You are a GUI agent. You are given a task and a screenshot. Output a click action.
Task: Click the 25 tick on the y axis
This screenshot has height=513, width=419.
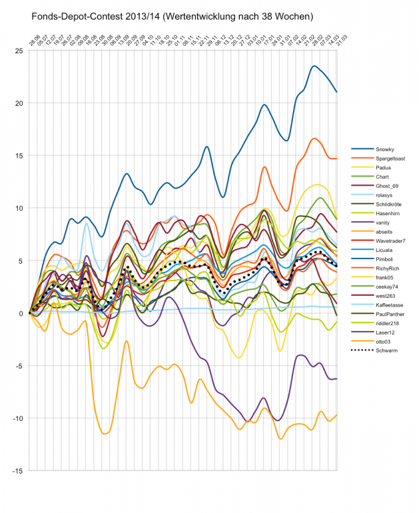pyautogui.click(x=20, y=51)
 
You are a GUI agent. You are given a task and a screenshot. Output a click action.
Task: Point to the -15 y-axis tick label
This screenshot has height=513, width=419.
pyautogui.click(x=19, y=471)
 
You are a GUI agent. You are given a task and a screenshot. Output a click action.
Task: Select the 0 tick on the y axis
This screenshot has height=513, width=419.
pyautogui.click(x=22, y=313)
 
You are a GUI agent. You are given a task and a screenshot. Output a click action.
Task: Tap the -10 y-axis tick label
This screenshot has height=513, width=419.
pyautogui.click(x=19, y=418)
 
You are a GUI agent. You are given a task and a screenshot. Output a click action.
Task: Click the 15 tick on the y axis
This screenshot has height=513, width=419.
pyautogui.click(x=20, y=156)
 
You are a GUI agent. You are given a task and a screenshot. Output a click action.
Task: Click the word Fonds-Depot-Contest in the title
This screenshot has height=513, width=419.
pyautogui.click(x=73, y=14)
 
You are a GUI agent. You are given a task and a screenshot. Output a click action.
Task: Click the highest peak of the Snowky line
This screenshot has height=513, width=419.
pyautogui.click(x=314, y=66)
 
